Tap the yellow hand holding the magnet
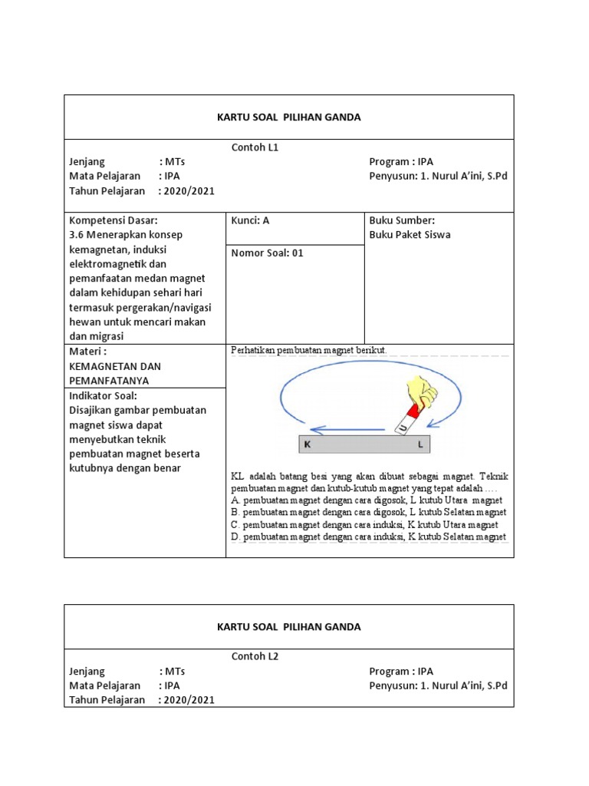point(420,391)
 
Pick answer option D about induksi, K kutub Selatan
point(368,537)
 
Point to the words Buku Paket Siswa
point(410,235)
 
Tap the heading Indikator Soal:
point(101,395)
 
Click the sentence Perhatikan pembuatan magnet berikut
point(309,350)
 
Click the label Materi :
point(87,352)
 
